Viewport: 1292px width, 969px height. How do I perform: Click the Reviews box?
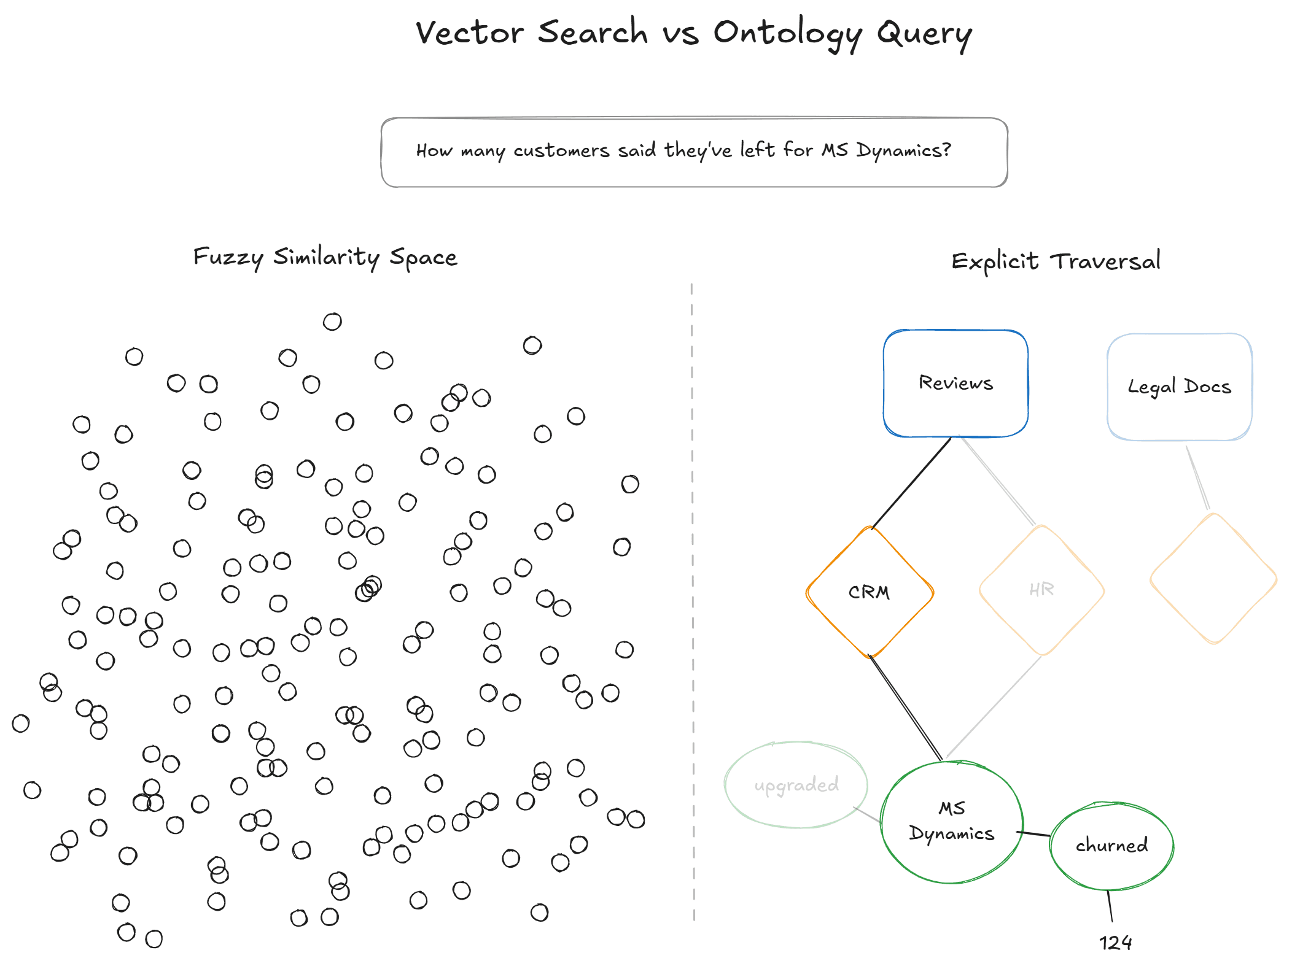(955, 383)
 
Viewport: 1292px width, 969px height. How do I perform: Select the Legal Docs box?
(1179, 387)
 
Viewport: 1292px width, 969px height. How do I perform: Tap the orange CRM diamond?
(869, 592)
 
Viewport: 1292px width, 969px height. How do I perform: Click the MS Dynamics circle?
(951, 822)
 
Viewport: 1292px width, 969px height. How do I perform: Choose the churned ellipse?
(1111, 846)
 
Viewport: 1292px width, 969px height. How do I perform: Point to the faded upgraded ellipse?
(796, 785)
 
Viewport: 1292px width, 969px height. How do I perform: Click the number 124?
(1115, 943)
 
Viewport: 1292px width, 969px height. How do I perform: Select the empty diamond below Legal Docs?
(1213, 579)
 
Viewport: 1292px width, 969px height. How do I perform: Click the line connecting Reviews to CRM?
(911, 482)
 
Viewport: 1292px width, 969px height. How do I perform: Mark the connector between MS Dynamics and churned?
(1033, 833)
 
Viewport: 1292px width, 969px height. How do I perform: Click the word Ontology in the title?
(787, 33)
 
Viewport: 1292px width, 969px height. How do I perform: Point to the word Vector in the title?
(470, 33)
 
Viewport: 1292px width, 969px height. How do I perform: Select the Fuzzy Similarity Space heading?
(325, 257)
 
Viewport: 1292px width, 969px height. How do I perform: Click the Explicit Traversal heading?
(1056, 261)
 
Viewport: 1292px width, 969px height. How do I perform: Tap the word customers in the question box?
(561, 151)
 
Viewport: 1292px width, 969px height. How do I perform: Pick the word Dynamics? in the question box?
(903, 151)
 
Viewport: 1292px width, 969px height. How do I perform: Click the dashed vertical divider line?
(693, 601)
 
